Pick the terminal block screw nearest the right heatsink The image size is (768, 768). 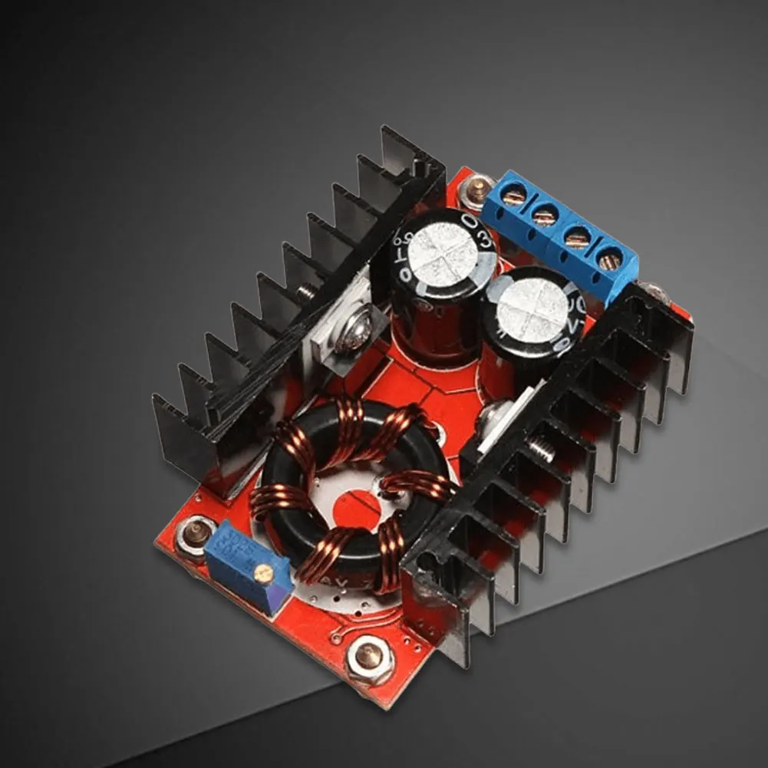point(608,262)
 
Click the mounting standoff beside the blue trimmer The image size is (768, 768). point(196,532)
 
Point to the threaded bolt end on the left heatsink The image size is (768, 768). point(308,291)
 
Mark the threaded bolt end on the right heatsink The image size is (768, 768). point(542,451)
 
